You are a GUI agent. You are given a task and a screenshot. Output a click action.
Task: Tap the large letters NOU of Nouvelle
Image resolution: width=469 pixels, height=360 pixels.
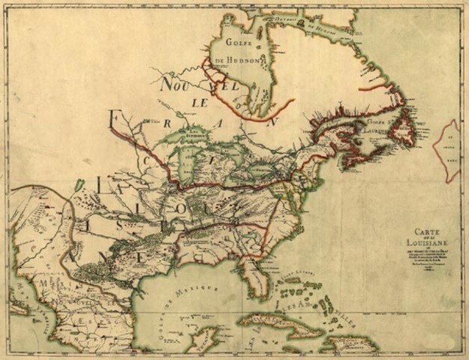pyautogui.click(x=173, y=82)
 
